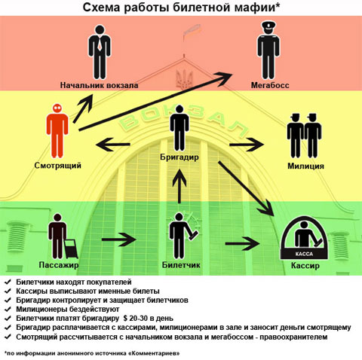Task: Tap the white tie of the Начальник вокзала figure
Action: (x=100, y=43)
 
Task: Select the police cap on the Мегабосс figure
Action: (x=268, y=25)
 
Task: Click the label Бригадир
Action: (x=179, y=157)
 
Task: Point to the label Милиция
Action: (x=305, y=166)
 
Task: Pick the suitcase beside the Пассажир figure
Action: (x=71, y=249)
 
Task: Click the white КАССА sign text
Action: (x=304, y=254)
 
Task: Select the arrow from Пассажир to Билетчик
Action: (x=119, y=239)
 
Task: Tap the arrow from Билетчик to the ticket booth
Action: (x=242, y=243)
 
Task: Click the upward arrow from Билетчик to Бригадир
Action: (x=179, y=186)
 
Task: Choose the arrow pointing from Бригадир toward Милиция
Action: (x=247, y=145)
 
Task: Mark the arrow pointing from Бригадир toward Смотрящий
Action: (x=113, y=145)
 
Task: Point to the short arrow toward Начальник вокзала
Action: (x=83, y=108)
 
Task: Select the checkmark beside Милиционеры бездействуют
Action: (x=8, y=309)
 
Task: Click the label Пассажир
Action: (x=59, y=265)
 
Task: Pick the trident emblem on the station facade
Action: (x=184, y=78)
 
